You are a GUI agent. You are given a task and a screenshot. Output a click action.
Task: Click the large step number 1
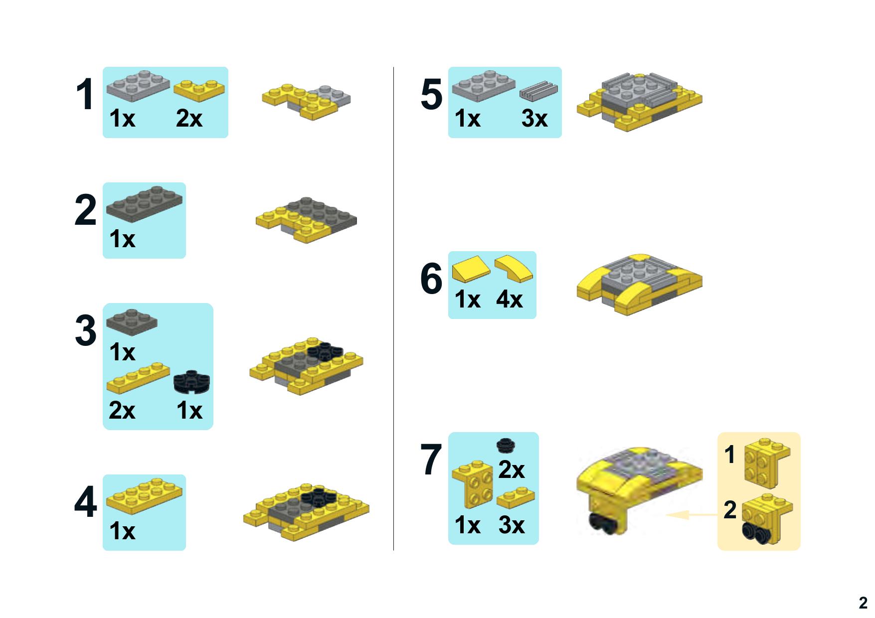[85, 94]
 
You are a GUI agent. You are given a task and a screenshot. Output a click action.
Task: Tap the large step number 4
[85, 503]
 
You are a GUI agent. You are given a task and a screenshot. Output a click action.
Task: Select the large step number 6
[431, 279]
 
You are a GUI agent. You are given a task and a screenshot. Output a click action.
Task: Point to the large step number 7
[431, 460]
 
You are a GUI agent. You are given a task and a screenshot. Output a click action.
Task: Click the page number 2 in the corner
[863, 603]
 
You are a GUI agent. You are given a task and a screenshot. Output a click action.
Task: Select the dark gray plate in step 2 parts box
[144, 204]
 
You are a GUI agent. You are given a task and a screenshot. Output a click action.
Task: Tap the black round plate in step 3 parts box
[192, 382]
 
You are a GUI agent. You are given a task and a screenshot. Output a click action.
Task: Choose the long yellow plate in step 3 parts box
[138, 378]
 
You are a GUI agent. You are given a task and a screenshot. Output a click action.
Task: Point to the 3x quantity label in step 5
[534, 119]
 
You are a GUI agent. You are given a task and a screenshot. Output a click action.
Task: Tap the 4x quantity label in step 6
[509, 300]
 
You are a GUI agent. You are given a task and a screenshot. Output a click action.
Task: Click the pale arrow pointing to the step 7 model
[692, 514]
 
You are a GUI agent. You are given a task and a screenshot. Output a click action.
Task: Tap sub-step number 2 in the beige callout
[730, 510]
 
